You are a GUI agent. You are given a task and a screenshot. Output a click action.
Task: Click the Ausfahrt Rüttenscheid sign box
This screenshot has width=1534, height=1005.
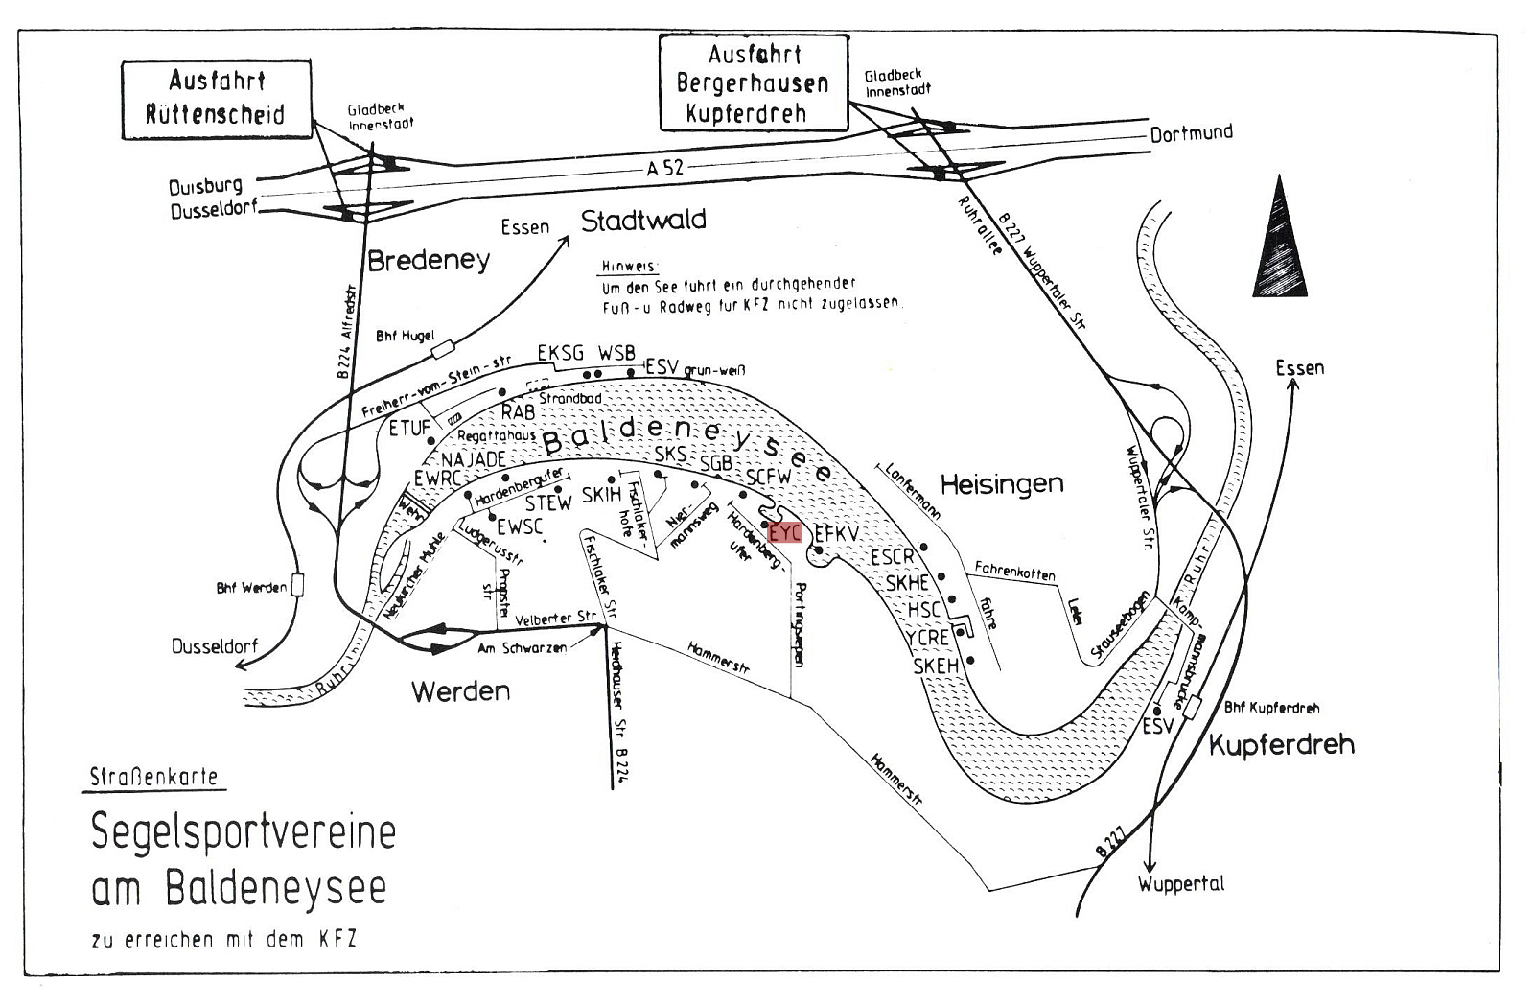pos(216,98)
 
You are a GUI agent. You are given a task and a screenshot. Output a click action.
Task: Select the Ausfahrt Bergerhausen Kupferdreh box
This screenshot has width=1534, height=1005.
pos(754,82)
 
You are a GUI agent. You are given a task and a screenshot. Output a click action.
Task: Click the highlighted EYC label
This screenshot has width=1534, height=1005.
pos(785,531)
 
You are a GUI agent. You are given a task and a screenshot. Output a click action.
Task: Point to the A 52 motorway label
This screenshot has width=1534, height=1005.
pos(665,168)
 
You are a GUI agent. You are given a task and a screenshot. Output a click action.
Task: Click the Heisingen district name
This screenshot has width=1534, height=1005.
pos(1002,483)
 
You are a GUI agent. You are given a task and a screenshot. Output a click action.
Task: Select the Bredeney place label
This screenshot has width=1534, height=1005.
pos(429,260)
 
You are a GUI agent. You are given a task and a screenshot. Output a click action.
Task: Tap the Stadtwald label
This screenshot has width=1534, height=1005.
pos(643,221)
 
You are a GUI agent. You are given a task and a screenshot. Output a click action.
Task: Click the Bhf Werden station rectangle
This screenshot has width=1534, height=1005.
pos(297,585)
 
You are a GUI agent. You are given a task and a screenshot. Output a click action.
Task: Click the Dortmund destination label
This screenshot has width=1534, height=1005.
pos(1192,133)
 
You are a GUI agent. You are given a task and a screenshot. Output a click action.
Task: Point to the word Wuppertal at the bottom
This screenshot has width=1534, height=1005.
pos(1181,883)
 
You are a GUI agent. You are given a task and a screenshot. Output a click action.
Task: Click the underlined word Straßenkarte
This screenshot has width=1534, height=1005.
pos(153,777)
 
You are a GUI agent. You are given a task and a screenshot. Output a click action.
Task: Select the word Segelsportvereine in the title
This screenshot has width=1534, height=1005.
pos(244,831)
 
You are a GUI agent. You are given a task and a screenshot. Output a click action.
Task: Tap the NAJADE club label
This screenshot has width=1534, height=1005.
pos(473,459)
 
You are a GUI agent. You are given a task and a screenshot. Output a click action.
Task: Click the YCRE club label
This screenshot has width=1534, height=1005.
pos(927,637)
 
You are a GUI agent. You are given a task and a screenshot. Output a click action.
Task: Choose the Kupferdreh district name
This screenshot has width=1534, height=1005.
pos(1281,744)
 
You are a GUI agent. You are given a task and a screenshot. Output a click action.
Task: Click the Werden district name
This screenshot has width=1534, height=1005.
pos(460,691)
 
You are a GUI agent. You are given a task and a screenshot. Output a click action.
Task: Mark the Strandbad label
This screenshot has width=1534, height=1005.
pos(570,397)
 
